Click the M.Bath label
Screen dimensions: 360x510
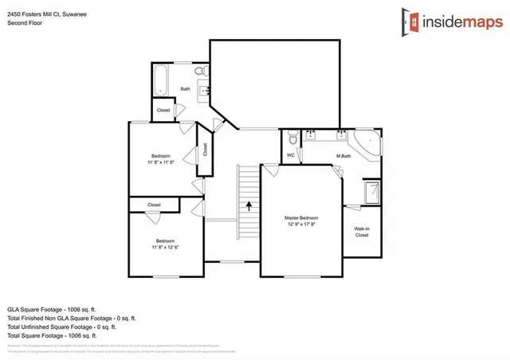[343, 155]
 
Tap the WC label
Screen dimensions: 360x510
[291, 155]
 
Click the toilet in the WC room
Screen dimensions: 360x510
[292, 135]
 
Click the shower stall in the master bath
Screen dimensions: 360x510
[372, 194]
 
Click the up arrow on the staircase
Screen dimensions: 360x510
[249, 205]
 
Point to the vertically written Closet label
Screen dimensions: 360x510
[205, 149]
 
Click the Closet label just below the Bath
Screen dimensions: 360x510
[163, 110]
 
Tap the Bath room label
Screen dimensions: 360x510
[186, 89]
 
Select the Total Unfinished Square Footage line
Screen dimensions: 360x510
[61, 327]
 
